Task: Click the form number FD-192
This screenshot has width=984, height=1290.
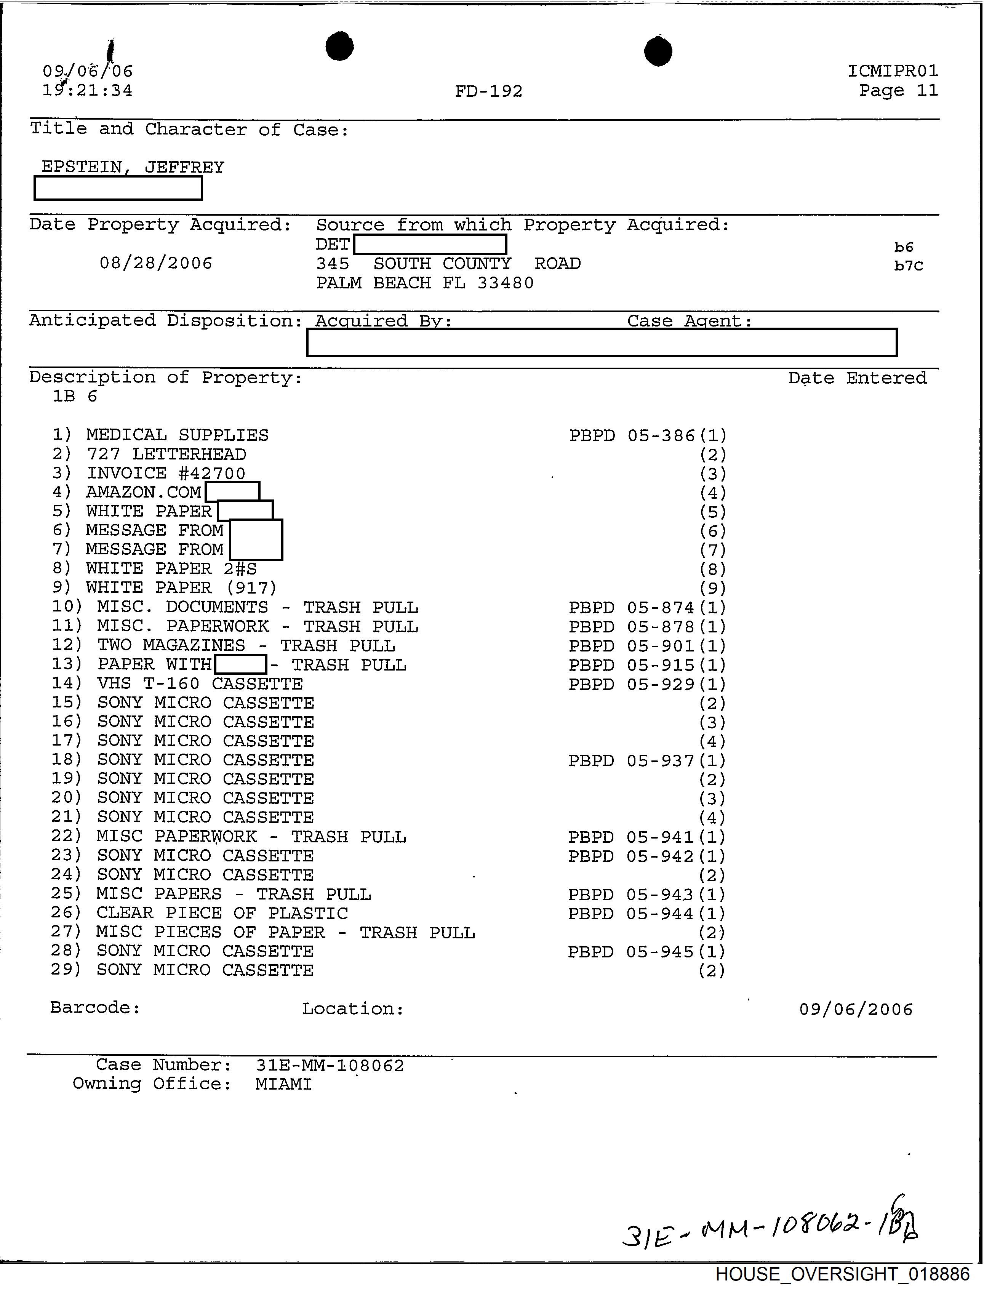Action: [x=488, y=91]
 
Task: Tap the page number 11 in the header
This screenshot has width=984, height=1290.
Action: [x=927, y=90]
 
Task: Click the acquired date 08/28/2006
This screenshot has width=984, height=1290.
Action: [x=156, y=263]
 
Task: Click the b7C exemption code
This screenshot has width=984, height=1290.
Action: [x=909, y=266]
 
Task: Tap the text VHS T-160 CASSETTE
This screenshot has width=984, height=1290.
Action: [x=200, y=683]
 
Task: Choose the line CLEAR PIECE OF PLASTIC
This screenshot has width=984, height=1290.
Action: [x=222, y=913]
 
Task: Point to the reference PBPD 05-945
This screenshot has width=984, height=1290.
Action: [x=630, y=951]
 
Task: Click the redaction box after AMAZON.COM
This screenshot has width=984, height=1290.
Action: [x=232, y=491]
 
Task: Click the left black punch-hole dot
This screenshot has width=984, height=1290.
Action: [x=340, y=46]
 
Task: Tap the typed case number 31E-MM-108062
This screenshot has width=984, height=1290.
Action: [x=330, y=1065]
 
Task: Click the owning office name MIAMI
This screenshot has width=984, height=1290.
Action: [x=283, y=1084]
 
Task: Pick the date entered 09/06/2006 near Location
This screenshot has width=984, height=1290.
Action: [x=856, y=1009]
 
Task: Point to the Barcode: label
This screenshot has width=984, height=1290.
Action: [x=95, y=1008]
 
